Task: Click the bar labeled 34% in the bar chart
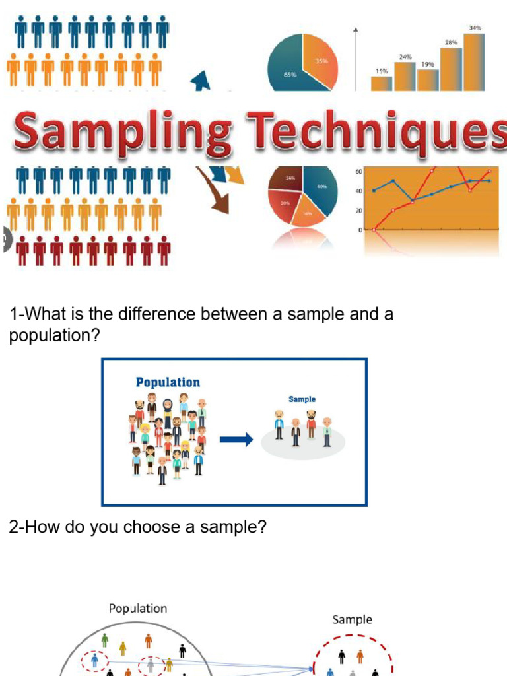[473, 62]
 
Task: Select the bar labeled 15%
[382, 83]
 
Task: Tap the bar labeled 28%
[451, 69]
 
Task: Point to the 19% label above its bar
[427, 65]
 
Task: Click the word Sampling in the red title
[122, 132]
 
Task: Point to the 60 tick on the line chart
[358, 172]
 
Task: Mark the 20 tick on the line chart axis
[358, 211]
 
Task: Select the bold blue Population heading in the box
[168, 382]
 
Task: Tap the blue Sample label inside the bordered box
[302, 399]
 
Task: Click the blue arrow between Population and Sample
[236, 440]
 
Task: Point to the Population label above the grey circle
[138, 608]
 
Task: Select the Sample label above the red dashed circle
[352, 619]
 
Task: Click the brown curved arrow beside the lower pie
[213, 191]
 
